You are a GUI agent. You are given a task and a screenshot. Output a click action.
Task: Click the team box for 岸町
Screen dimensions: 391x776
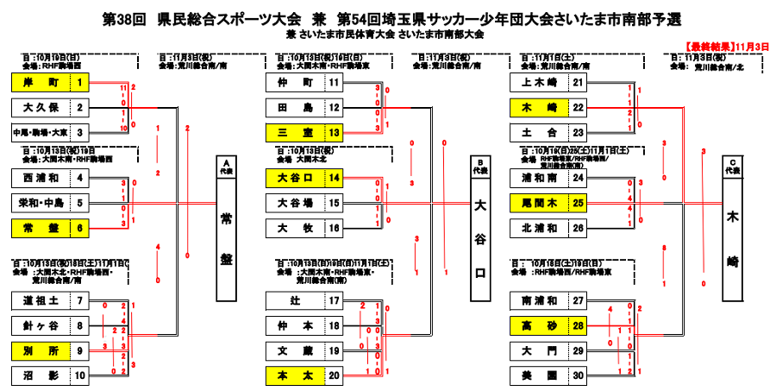point(41,83)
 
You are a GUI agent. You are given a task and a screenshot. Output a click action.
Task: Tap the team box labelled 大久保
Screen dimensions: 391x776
point(41,108)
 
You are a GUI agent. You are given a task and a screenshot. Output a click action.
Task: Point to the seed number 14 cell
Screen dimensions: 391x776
point(334,179)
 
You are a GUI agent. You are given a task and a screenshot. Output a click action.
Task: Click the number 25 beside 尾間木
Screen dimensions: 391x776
point(579,204)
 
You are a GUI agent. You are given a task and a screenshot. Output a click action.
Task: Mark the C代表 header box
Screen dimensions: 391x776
point(733,167)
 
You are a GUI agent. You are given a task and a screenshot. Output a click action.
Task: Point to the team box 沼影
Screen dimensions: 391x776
point(41,375)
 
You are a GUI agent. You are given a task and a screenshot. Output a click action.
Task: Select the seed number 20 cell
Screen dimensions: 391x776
point(334,375)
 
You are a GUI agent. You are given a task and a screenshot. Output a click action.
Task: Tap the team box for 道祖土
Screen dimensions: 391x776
point(41,300)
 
